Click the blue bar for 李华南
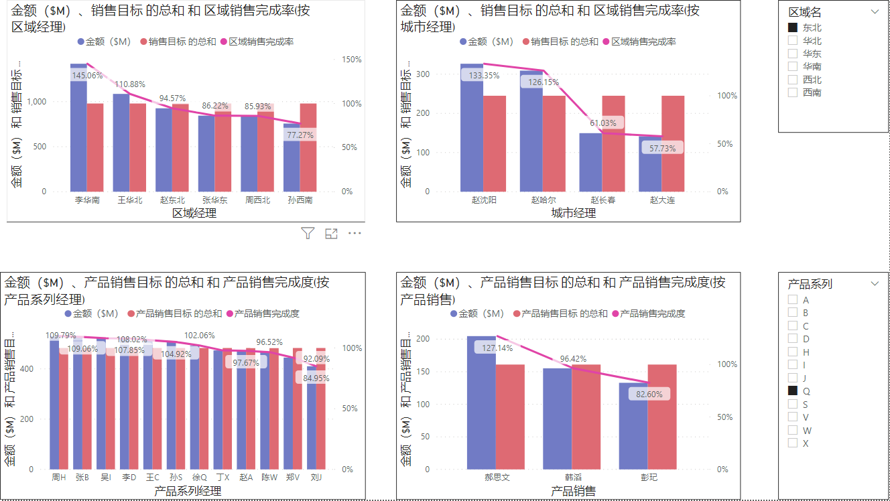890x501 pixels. tap(78, 134)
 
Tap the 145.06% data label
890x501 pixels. tap(88, 76)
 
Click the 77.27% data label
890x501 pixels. tap(300, 135)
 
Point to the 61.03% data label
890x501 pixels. tap(602, 123)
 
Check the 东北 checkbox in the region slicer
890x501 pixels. tap(793, 27)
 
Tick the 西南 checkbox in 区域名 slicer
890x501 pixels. tap(793, 92)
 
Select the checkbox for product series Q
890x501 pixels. tap(793, 391)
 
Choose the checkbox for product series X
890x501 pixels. tap(793, 443)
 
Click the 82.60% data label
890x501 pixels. tap(649, 395)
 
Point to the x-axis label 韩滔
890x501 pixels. tap(573, 478)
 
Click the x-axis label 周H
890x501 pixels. tap(59, 478)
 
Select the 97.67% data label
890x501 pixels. tap(245, 362)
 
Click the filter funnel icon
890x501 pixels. tap(308, 233)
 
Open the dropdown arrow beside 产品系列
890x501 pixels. tap(874, 283)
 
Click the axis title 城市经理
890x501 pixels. tap(573, 213)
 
